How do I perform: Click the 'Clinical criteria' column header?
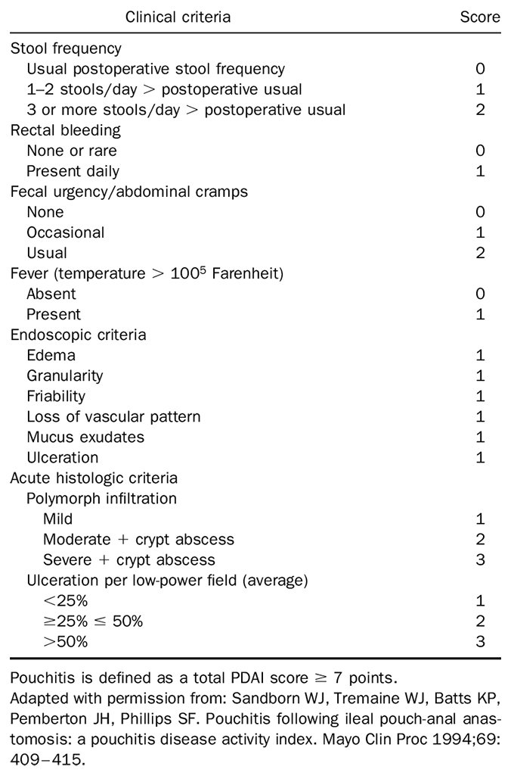178,16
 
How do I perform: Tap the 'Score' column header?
480,16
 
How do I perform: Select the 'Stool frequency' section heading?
66,48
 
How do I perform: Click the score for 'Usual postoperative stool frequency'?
480,69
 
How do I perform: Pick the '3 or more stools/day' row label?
186,110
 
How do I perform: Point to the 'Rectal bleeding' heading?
65,130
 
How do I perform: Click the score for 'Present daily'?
480,171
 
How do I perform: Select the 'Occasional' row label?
66,232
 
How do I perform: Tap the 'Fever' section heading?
147,273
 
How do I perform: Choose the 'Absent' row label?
51,294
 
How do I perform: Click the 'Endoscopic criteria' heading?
79,335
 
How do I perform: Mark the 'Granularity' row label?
64,375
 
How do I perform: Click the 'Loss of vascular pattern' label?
113,416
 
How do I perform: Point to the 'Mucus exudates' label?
85,437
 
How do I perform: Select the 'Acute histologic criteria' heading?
94,478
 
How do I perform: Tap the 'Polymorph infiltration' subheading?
101,498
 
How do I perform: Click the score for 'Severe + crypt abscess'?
480,560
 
